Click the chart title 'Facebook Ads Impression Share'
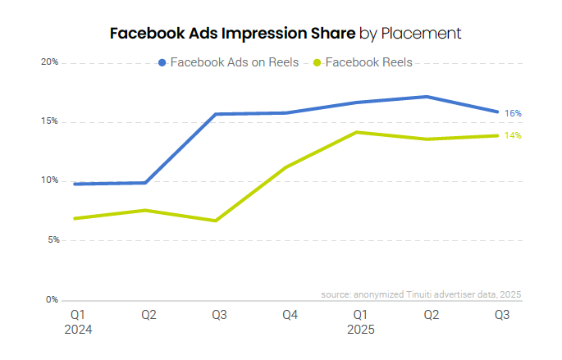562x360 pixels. (x=232, y=34)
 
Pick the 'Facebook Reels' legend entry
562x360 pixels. (x=368, y=62)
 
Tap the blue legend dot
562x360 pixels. (x=162, y=62)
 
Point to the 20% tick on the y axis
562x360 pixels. (x=49, y=62)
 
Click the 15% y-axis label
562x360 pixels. (x=49, y=121)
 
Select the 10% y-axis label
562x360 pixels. (x=49, y=180)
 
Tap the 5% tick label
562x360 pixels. (x=51, y=240)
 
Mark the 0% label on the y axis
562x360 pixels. (x=51, y=299)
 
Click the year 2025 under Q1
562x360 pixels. (x=360, y=330)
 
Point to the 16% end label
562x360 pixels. (x=514, y=113)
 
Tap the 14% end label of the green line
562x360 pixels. (x=514, y=135)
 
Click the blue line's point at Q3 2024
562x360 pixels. (x=217, y=114)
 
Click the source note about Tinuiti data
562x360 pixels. (x=421, y=294)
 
